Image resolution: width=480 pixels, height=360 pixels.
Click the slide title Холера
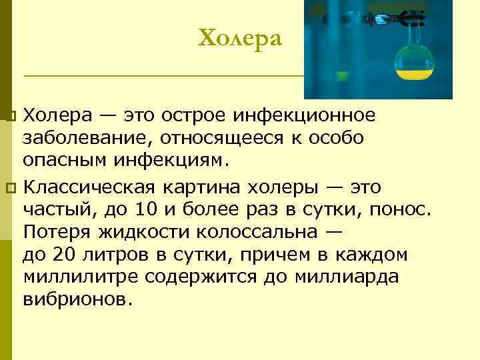(240, 38)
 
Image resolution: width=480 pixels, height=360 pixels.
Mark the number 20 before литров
(59, 255)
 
